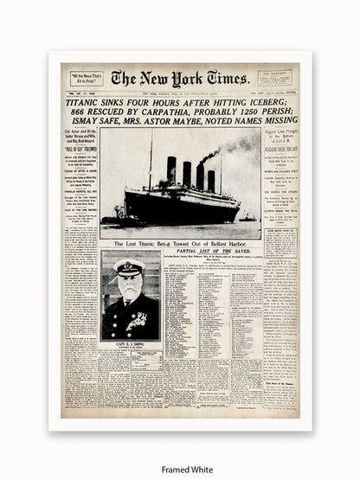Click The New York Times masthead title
179,78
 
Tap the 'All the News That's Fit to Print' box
81,80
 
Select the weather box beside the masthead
278,79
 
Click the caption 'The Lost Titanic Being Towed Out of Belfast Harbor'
180,245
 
